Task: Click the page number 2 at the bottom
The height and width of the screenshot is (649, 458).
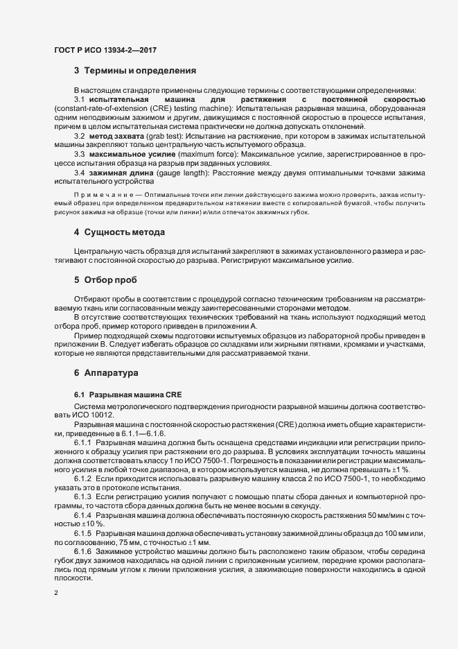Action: point(56,593)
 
